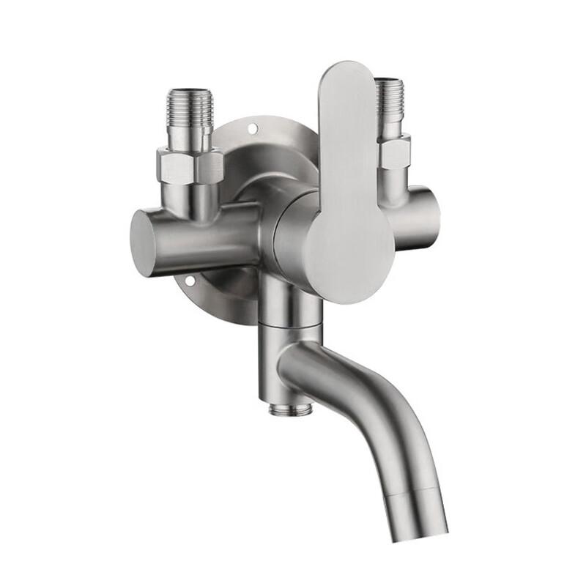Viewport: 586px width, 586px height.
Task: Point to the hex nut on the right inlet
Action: pos(394,153)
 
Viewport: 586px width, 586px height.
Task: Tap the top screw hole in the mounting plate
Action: pos(253,128)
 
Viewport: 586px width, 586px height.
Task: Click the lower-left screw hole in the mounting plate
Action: pos(189,279)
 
